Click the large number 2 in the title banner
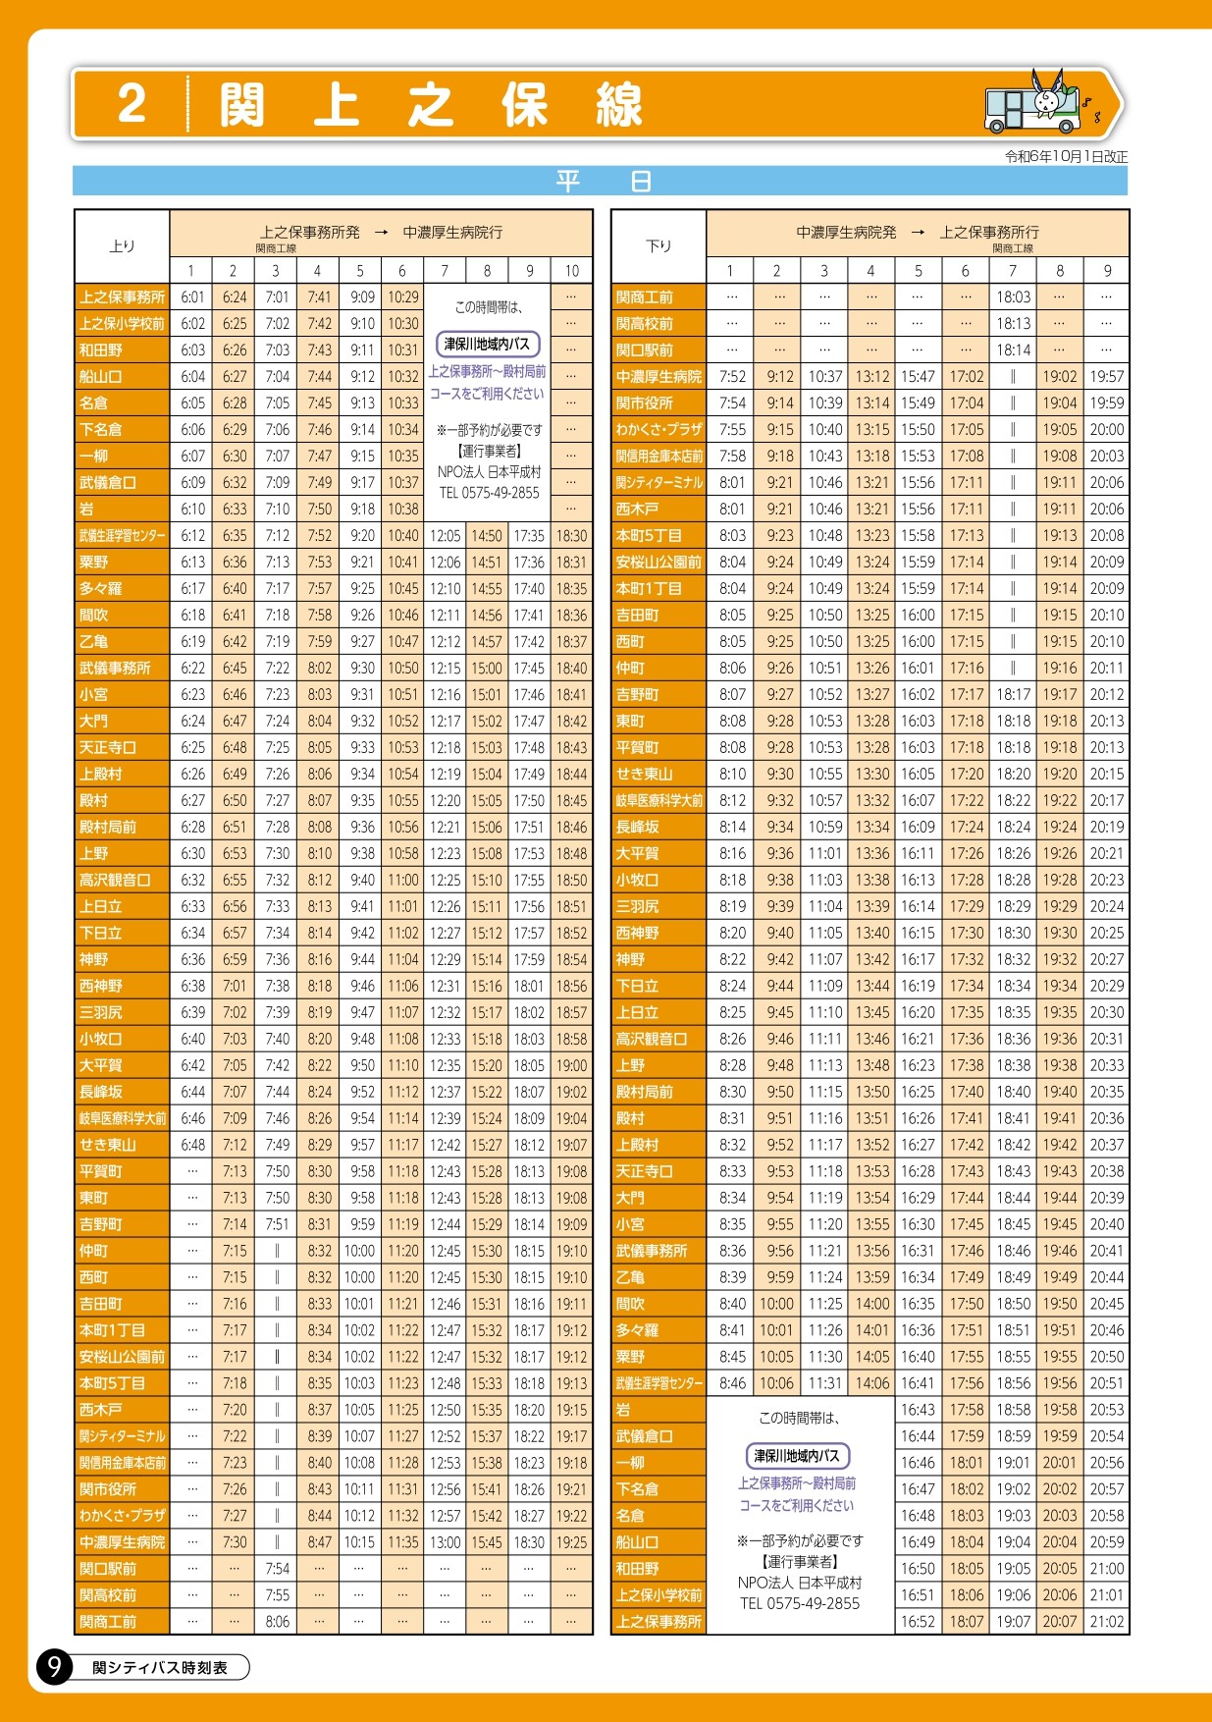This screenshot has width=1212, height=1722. pyautogui.click(x=132, y=103)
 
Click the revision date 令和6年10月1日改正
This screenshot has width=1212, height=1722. pyautogui.click(x=1066, y=156)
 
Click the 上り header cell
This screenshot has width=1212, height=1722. pyautogui.click(x=123, y=246)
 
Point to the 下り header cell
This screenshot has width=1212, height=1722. pyautogui.click(x=659, y=246)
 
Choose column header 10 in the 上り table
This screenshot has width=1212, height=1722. pyautogui.click(x=571, y=271)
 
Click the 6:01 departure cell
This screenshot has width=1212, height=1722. pyautogui.click(x=192, y=297)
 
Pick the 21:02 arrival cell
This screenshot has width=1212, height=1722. pyautogui.click(x=1106, y=1622)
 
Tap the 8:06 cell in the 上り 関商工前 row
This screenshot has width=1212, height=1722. pyautogui.click(x=277, y=1622)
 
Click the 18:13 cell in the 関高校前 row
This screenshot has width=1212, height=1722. pyautogui.click(x=1013, y=324)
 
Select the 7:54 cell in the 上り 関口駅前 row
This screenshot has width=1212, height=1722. pyautogui.click(x=277, y=1569)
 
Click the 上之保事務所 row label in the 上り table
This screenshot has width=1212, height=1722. pyautogui.click(x=123, y=297)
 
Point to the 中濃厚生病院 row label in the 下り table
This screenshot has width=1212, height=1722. pyautogui.click(x=659, y=377)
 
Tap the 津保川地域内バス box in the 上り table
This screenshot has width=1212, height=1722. pyautogui.click(x=488, y=345)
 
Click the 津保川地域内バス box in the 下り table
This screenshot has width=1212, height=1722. pyautogui.click(x=798, y=1456)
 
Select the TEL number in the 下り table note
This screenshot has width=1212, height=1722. pyautogui.click(x=799, y=1603)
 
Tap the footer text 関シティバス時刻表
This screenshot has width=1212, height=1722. pyautogui.click(x=159, y=1667)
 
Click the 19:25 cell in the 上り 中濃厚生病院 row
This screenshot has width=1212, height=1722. pyautogui.click(x=571, y=1542)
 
